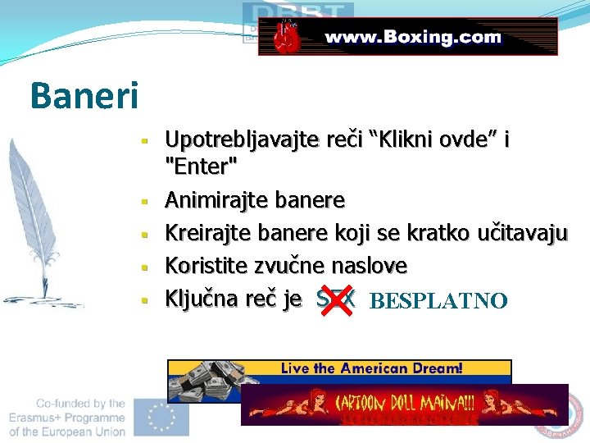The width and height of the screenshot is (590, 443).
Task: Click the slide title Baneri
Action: click(x=84, y=94)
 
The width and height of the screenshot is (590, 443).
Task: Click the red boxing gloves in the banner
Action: click(x=285, y=38)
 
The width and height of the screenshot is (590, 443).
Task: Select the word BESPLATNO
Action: click(x=438, y=301)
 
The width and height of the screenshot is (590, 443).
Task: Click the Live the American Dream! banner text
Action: click(x=371, y=368)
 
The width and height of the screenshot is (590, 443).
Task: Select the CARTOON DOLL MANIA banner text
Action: click(x=405, y=403)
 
